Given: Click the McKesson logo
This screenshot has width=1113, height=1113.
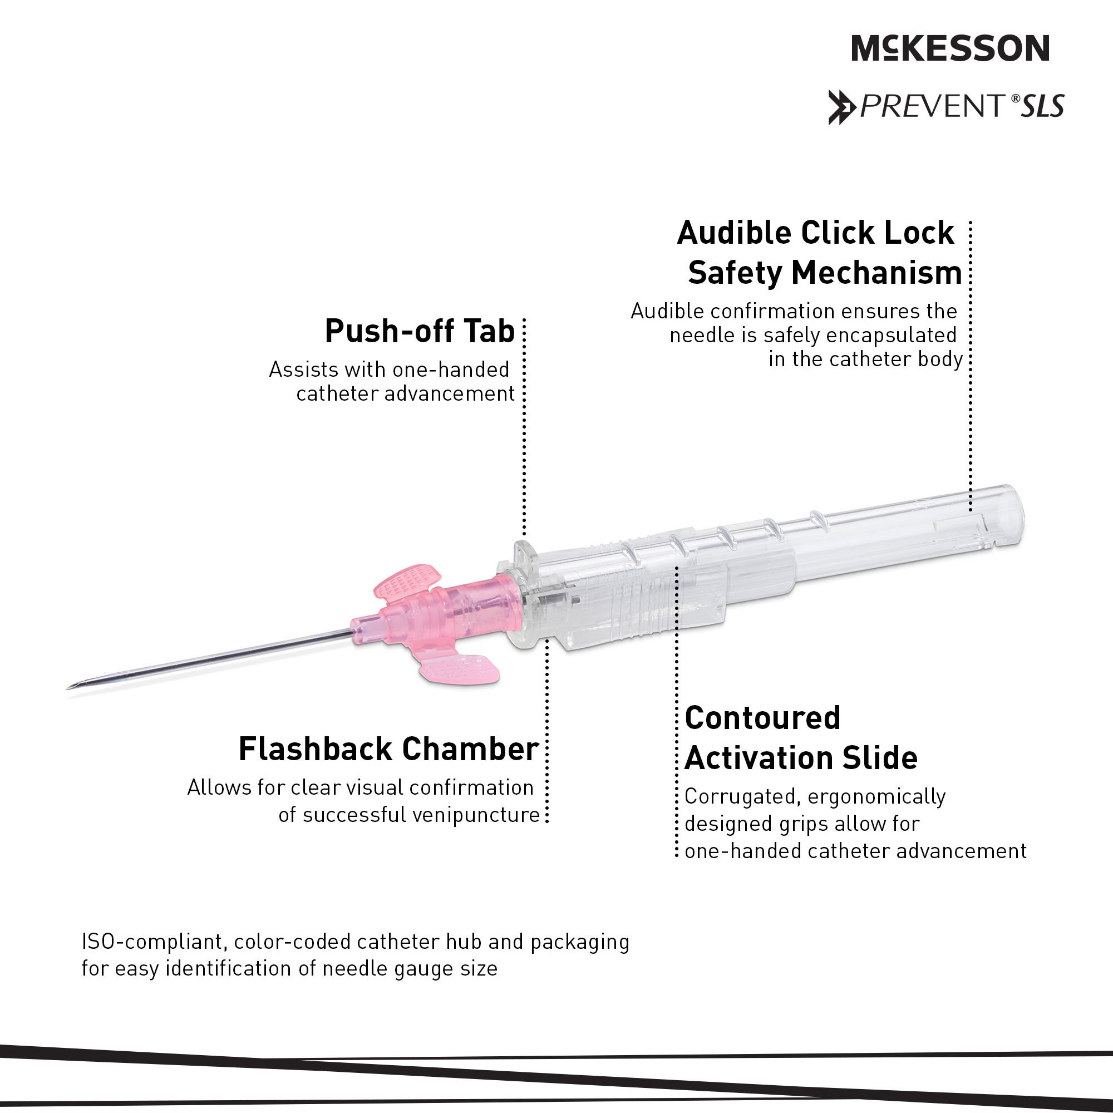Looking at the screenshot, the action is coord(950,48).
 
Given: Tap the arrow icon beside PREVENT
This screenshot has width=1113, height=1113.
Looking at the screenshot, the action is coord(840,107).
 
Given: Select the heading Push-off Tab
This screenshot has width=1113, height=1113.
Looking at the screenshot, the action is coord(420,331).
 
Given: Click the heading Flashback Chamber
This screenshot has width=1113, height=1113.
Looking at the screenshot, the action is coord(389,750).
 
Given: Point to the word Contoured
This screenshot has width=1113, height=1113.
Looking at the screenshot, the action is coord(763,718).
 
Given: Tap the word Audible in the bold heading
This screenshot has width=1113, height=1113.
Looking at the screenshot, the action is coord(735,233).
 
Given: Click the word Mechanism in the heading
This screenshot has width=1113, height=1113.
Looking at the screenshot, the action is coord(877,273).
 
